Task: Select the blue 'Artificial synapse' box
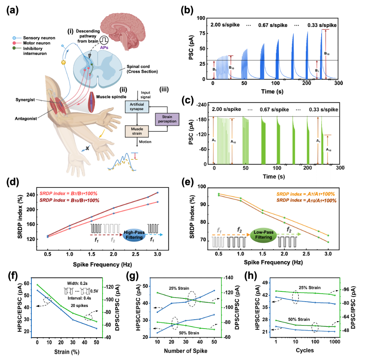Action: tap(137, 107)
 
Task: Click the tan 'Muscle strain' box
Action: tap(137, 131)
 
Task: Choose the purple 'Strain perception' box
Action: tap(167, 119)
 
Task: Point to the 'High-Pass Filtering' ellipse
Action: tap(134, 235)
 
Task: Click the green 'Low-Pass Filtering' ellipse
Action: tap(263, 235)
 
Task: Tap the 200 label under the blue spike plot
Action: tap(306, 83)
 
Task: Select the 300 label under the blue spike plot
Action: tap(339, 83)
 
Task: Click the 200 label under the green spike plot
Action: tap(307, 168)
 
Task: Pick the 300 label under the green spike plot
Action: tap(340, 168)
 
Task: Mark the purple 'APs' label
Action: tap(105, 47)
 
